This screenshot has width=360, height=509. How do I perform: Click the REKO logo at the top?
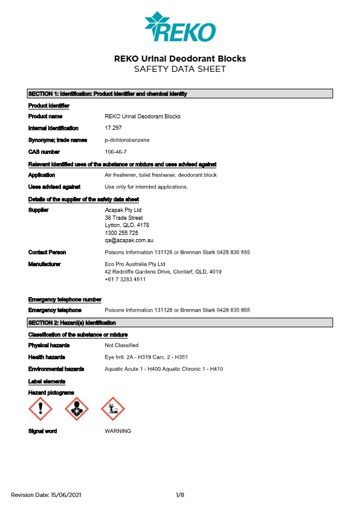point(179,27)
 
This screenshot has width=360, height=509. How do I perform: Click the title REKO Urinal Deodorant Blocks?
point(180,59)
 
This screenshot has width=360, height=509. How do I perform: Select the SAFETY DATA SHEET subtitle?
point(180,69)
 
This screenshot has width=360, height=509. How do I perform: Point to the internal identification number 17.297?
point(113,128)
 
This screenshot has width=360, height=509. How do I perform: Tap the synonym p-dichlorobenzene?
point(127,139)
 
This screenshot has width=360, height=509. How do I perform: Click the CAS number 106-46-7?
point(116,152)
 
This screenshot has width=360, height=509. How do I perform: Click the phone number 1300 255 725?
point(121,232)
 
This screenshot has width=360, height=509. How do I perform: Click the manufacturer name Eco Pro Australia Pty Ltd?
point(135,264)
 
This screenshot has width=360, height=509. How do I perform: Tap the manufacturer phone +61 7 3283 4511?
point(125,279)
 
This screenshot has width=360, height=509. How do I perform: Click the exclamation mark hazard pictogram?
point(40,409)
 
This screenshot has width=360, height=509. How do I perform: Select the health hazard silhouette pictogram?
point(76,409)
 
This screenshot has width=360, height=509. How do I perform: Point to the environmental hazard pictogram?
point(112,409)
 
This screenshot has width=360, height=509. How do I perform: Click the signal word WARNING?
point(118,431)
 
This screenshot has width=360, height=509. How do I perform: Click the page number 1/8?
point(180,495)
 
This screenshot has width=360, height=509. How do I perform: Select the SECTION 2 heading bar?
point(180,323)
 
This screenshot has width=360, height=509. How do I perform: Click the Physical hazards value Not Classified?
point(121,345)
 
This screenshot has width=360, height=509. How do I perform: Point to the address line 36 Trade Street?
point(124,217)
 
